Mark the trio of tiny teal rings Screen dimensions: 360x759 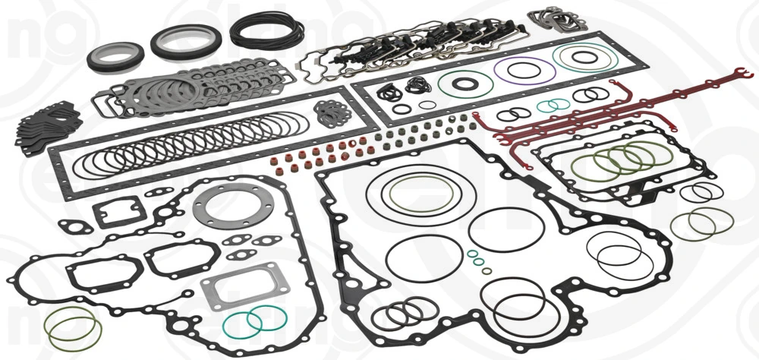(x=477, y=261)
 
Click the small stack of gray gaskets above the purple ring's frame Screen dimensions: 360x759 (x=562, y=18)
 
